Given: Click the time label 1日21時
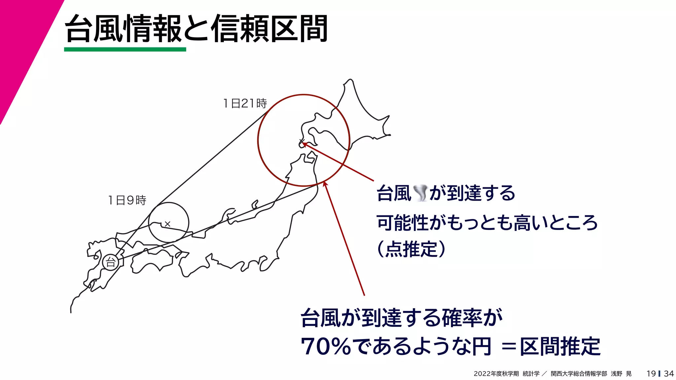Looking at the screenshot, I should click(x=245, y=104).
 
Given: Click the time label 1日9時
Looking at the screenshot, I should click(x=127, y=200).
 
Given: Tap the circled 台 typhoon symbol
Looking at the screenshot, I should click(x=111, y=263).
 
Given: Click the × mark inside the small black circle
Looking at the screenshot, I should click(x=167, y=224).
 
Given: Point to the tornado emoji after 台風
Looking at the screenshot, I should click(x=420, y=193).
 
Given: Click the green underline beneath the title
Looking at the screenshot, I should click(x=125, y=49).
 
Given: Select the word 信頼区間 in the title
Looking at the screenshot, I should click(x=269, y=29).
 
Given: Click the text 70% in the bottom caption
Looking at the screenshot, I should click(x=325, y=347).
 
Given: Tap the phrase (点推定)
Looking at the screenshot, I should click(x=411, y=249).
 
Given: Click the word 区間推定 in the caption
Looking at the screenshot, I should click(x=560, y=347).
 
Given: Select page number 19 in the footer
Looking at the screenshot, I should click(x=651, y=373).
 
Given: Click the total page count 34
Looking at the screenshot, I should click(x=669, y=373).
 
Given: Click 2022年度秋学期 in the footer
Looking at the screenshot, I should click(x=496, y=374).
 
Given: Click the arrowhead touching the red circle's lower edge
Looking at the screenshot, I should click(x=325, y=183).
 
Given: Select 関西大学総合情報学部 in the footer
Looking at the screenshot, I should click(x=579, y=374).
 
